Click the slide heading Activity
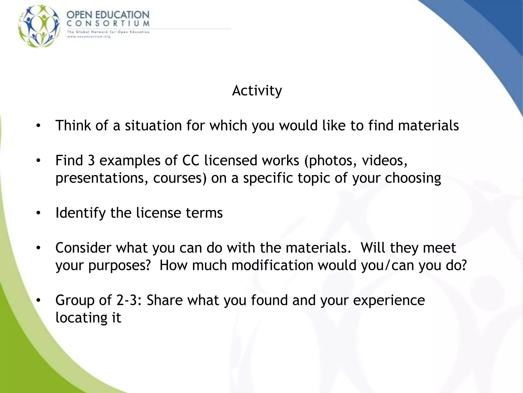pyautogui.click(x=257, y=91)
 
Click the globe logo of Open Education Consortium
pyautogui.click(x=40, y=26)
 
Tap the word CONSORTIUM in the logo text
pyautogui.click(x=108, y=24)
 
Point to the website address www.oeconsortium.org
pyautogui.click(x=89, y=37)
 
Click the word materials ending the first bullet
pyautogui.click(x=428, y=126)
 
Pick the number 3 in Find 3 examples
pyautogui.click(x=91, y=161)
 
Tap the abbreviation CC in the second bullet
pyautogui.click(x=191, y=161)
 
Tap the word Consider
pyautogui.click(x=83, y=248)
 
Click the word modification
pyautogui.click(x=272, y=265)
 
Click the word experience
pyautogui.click(x=389, y=300)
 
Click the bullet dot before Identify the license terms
pyautogui.click(x=38, y=213)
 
